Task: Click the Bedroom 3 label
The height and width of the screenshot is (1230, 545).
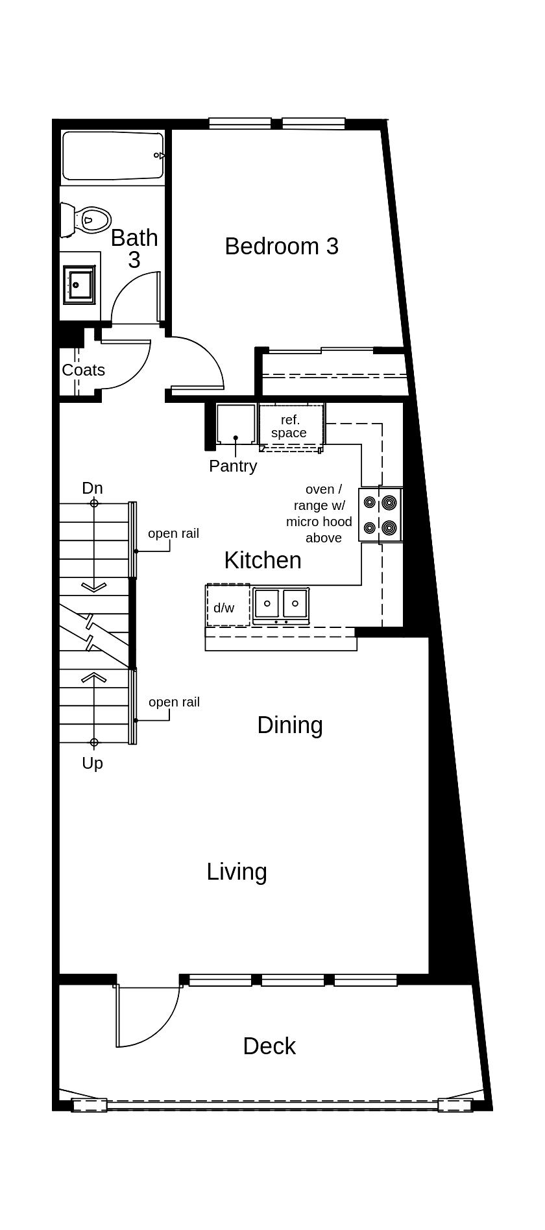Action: coord(282,247)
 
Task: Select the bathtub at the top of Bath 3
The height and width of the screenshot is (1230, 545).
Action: coord(113,156)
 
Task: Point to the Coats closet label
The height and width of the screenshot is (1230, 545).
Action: coord(83,370)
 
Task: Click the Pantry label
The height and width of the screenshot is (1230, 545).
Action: coord(233,466)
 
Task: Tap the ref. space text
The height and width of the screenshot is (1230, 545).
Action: coord(289,426)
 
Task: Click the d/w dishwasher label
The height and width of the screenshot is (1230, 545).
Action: coord(224,608)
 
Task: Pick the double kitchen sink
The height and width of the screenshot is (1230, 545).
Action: coord(281,605)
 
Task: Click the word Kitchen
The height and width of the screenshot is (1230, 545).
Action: coord(263,560)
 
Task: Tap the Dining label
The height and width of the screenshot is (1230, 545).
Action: coord(290,725)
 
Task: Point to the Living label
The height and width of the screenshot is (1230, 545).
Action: coord(237,872)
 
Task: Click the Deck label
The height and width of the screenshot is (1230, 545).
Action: coord(269,1046)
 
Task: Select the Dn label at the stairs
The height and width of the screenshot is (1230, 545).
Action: coord(92,488)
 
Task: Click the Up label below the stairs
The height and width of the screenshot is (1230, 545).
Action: coord(92,764)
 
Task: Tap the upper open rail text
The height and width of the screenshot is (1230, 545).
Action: coord(173,533)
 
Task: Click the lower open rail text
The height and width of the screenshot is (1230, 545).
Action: coord(174,702)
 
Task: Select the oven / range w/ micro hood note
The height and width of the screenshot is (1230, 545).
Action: coord(319,513)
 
